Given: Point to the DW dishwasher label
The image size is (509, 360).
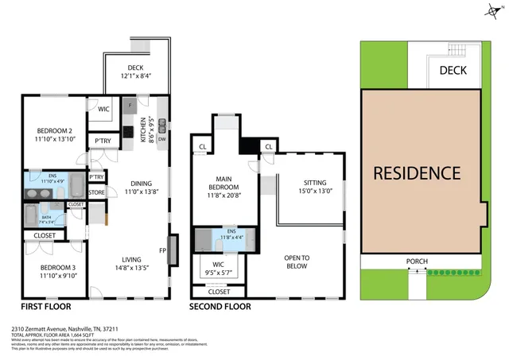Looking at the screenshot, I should click(161, 137).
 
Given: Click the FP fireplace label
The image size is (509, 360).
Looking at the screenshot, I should click(161, 250).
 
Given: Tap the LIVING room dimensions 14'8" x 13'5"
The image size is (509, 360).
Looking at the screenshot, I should click(131, 268).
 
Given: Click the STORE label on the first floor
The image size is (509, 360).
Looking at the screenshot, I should click(96, 192).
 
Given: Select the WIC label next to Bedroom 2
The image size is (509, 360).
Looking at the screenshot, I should click(103, 110).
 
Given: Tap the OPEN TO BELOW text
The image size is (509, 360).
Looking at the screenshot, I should click(297, 262).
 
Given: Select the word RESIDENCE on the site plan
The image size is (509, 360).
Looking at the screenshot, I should click(418, 172).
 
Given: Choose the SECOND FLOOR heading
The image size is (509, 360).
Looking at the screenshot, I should click(220, 306).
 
